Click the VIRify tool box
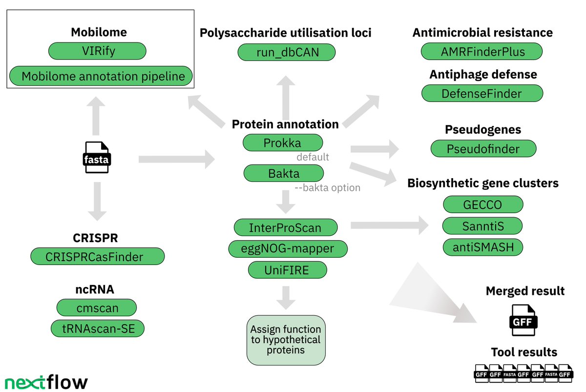click(x=97, y=51)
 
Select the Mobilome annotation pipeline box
click(x=101, y=76)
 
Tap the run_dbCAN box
click(x=287, y=52)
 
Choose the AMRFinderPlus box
click(x=481, y=52)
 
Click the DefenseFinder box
click(x=482, y=93)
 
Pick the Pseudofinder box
click(x=483, y=148)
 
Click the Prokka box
click(x=283, y=143)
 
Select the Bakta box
click(x=284, y=173)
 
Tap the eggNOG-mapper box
click(x=288, y=249)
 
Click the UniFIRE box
click(x=288, y=270)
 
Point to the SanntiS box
click(x=482, y=226)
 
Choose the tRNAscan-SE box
click(x=98, y=329)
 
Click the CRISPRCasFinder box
click(x=98, y=256)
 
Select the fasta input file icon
click(x=97, y=157)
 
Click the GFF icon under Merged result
click(x=523, y=320)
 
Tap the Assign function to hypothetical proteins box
click(x=286, y=340)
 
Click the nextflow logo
click(x=46, y=382)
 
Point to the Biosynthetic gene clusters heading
click(x=483, y=184)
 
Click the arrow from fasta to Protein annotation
click(x=177, y=159)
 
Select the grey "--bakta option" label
click(x=328, y=188)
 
